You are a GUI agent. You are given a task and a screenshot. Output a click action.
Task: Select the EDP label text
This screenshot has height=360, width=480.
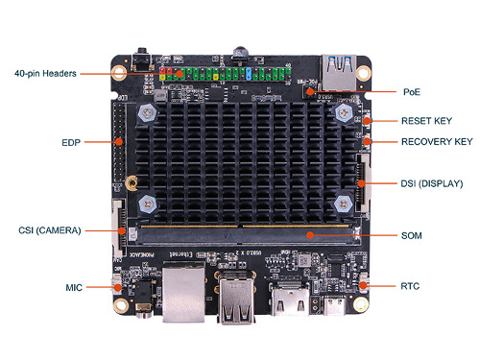[x=70, y=142]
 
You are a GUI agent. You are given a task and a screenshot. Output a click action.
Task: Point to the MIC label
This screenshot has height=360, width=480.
[x=75, y=286]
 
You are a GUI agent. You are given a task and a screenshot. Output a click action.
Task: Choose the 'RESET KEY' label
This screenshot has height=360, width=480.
[x=424, y=121]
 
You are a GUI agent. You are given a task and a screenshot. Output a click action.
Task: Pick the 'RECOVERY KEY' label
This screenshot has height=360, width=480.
[x=436, y=142]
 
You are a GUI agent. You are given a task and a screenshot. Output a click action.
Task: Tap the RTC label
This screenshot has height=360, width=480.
[x=410, y=286]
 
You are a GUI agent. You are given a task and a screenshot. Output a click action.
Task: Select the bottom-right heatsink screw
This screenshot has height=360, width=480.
[x=344, y=204]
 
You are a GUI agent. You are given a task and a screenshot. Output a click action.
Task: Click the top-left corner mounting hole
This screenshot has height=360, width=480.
[x=119, y=71]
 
